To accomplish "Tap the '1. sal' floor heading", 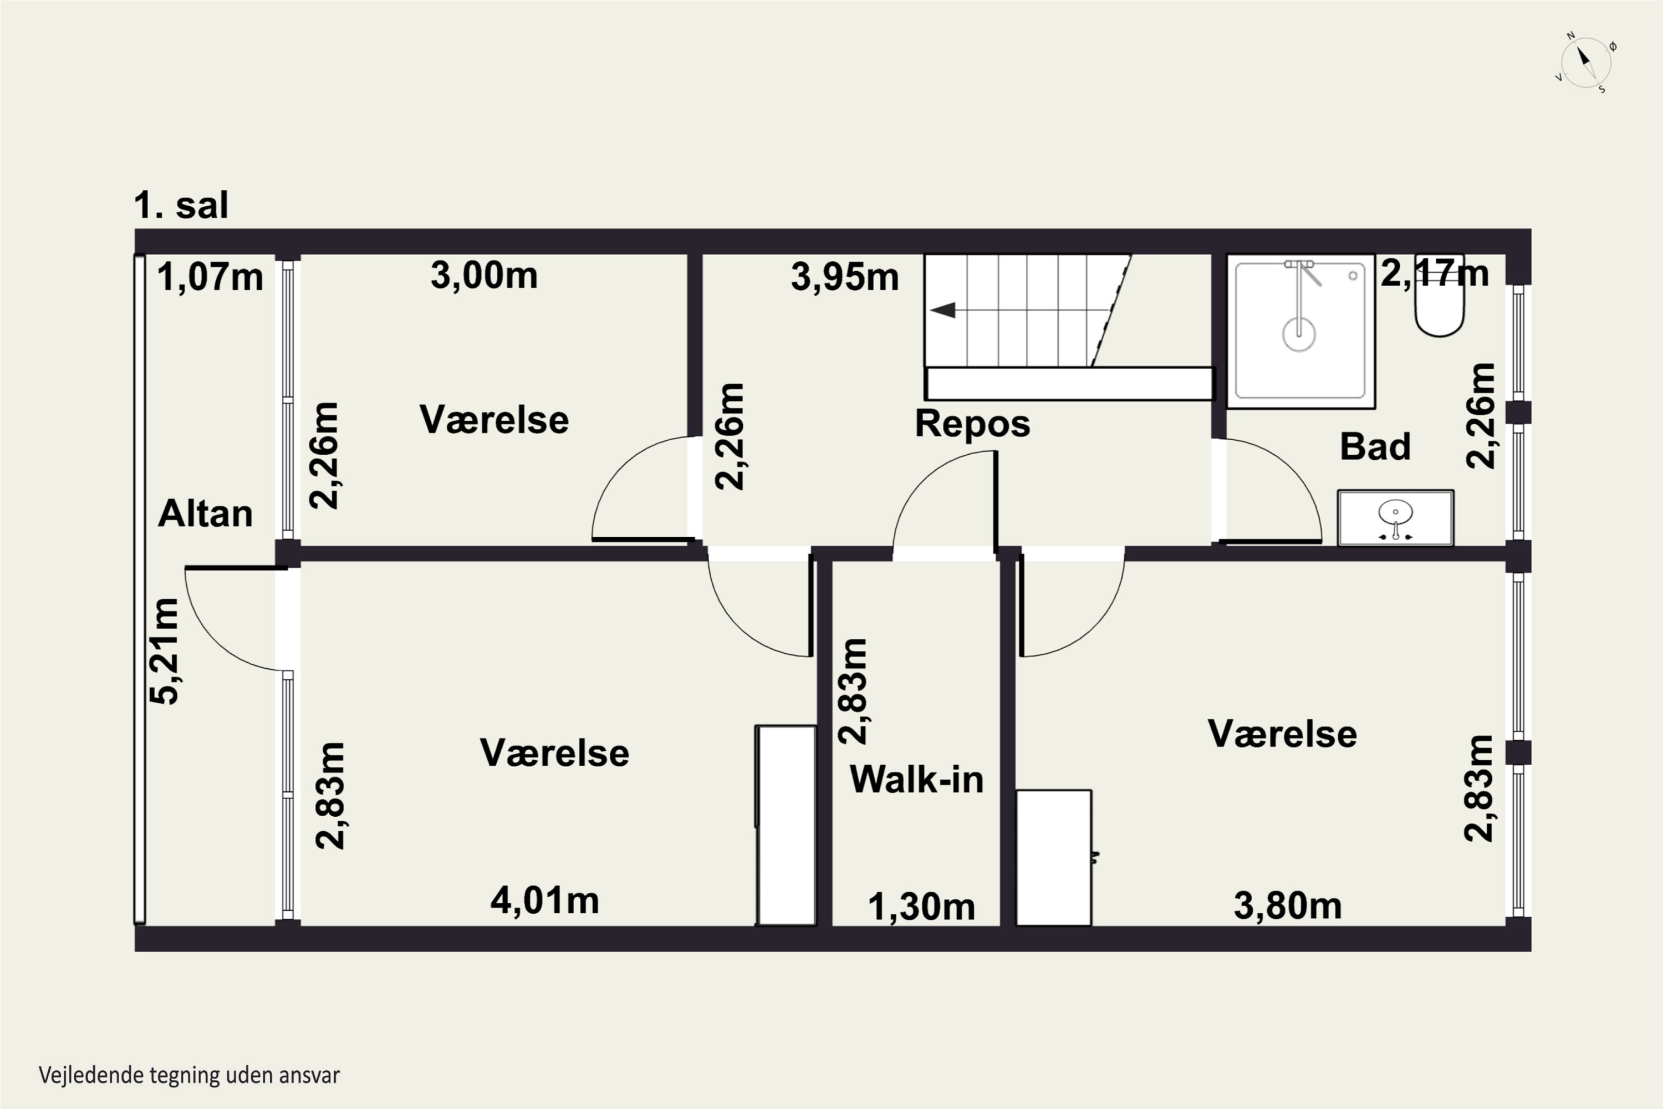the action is pyautogui.click(x=181, y=205).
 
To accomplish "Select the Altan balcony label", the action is pyautogui.click(x=205, y=513).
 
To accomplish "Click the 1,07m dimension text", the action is pyautogui.click(x=210, y=277).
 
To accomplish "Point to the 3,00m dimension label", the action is pyautogui.click(x=484, y=275).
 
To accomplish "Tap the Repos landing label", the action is pyautogui.click(x=972, y=424).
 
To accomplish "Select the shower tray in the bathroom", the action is pyautogui.click(x=1300, y=331).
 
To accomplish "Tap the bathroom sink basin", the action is pyautogui.click(x=1395, y=518).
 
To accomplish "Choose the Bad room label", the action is pyautogui.click(x=1375, y=447).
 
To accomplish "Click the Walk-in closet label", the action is pyautogui.click(x=916, y=780).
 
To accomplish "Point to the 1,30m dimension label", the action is pyautogui.click(x=921, y=907).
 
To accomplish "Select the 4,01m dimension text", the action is pyautogui.click(x=544, y=901).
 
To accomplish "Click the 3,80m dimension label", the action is pyautogui.click(x=1288, y=906).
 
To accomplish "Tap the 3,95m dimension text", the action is pyautogui.click(x=845, y=277).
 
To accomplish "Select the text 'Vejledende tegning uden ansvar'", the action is pyautogui.click(x=190, y=1076).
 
